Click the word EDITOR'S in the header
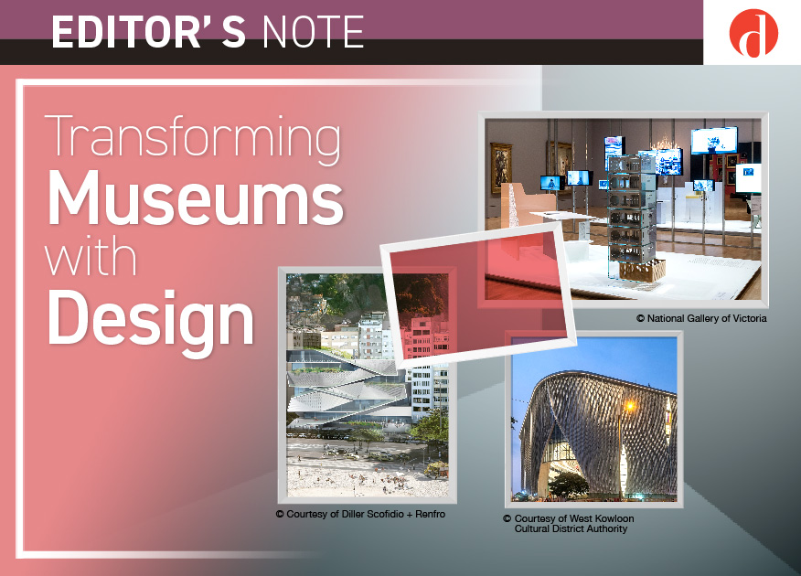pyautogui.click(x=148, y=32)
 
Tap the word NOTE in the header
pyautogui.click(x=313, y=32)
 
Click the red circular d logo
pyautogui.click(x=753, y=33)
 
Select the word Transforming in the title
pyautogui.click(x=194, y=136)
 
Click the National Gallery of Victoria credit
pyautogui.click(x=701, y=318)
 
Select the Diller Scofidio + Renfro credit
pyautogui.click(x=360, y=514)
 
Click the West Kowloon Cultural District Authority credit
pyautogui.click(x=569, y=523)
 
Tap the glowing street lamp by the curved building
pyautogui.click(x=630, y=407)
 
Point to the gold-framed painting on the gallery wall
pyautogui.click(x=501, y=167)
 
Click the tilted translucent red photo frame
pyautogui.click(x=478, y=296)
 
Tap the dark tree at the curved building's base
pyautogui.click(x=568, y=484)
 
